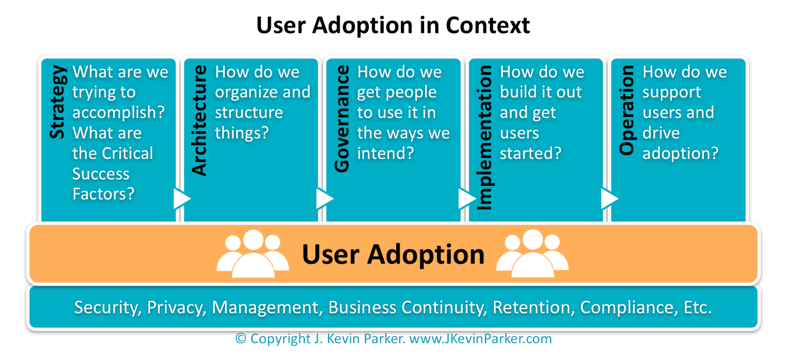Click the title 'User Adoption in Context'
click(393, 26)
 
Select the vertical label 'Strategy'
click(58, 102)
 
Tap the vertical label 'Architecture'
click(200, 120)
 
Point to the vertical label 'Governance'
click(342, 119)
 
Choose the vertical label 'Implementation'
click(484, 138)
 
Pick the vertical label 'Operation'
click(627, 110)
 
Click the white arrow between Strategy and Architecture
click(182, 199)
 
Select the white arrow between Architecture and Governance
click(324, 199)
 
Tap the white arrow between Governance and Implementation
click(466, 199)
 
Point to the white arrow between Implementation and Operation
click(609, 199)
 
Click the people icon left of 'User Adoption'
click(253, 253)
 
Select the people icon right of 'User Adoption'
click(532, 253)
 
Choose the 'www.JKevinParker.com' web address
click(481, 339)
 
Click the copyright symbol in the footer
click(241, 339)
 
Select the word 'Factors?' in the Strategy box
click(103, 194)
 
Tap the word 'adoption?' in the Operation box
click(680, 153)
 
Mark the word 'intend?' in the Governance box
click(386, 153)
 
